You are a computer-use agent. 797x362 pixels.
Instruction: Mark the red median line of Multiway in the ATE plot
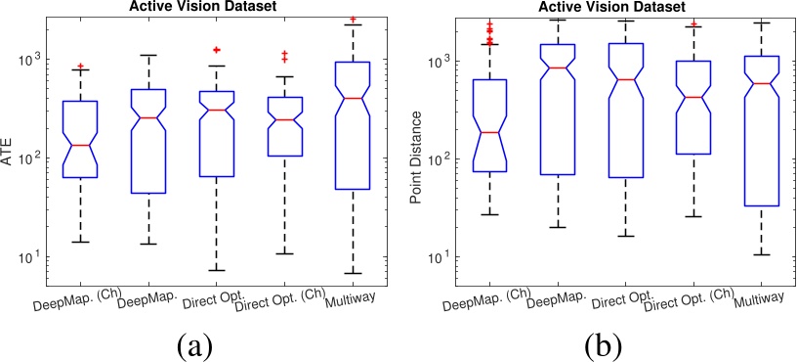(352, 98)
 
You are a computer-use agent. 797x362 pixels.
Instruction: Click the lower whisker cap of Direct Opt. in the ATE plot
(217, 270)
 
